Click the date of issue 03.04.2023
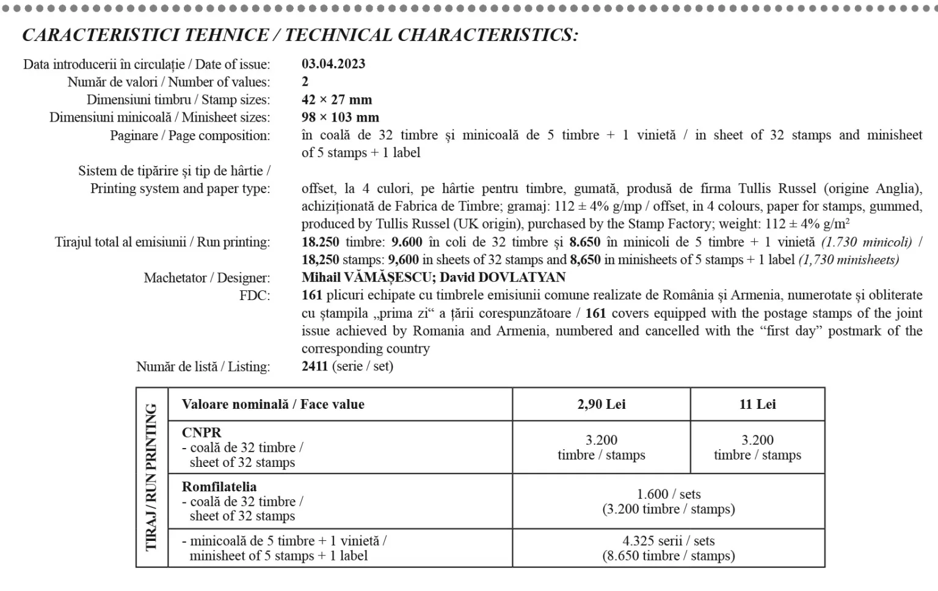coord(333,64)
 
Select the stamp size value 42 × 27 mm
coord(336,100)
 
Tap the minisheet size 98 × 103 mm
coord(340,117)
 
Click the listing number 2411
coord(315,366)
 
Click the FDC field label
coord(254,296)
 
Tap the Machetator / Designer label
coord(206,278)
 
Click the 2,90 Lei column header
coord(601,405)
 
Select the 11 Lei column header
coord(757,405)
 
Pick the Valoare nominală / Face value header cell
coord(273,405)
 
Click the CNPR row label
coord(202,433)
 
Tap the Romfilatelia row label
coord(219,487)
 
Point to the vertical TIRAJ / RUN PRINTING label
coord(151,477)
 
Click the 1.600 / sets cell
coord(668,494)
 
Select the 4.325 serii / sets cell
coord(668,541)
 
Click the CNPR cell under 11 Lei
coord(757,447)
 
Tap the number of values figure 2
coord(305,82)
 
